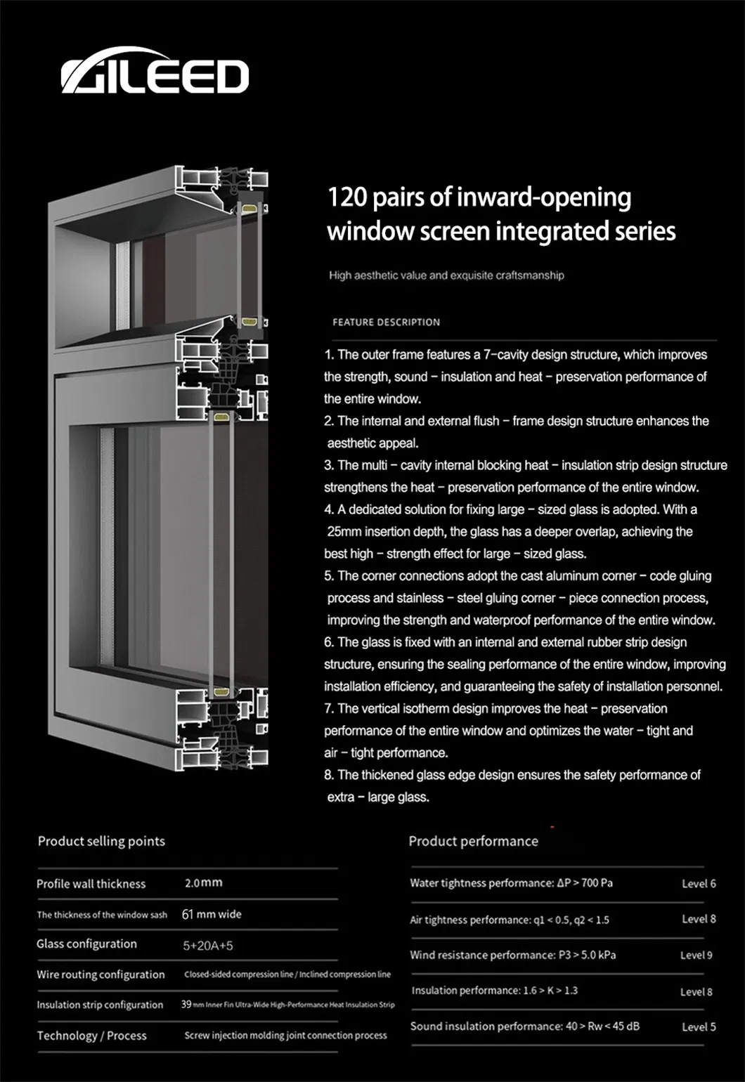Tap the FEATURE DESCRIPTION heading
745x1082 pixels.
pyautogui.click(x=386, y=322)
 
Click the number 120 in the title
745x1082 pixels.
pyautogui.click(x=347, y=197)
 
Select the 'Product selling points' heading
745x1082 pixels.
pyautogui.click(x=101, y=841)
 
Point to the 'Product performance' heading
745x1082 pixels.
pyautogui.click(x=473, y=841)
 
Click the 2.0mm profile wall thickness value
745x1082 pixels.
pyautogui.click(x=203, y=882)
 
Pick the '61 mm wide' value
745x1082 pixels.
pyautogui.click(x=211, y=914)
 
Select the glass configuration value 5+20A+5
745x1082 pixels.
pyautogui.click(x=207, y=946)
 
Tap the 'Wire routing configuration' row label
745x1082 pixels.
pyautogui.click(x=101, y=975)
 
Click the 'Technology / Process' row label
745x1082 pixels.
pyautogui.click(x=91, y=1036)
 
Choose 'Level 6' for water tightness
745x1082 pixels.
pyautogui.click(x=699, y=884)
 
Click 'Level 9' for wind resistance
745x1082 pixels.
pyautogui.click(x=696, y=956)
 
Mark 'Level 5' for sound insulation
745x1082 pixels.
pyautogui.click(x=699, y=1027)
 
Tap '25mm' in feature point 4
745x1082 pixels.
pyautogui.click(x=344, y=532)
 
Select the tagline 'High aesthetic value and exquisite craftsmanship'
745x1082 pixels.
pyautogui.click(x=446, y=275)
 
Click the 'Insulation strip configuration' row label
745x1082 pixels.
pyautogui.click(x=100, y=1005)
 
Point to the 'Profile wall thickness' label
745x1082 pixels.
pyautogui.click(x=91, y=884)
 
